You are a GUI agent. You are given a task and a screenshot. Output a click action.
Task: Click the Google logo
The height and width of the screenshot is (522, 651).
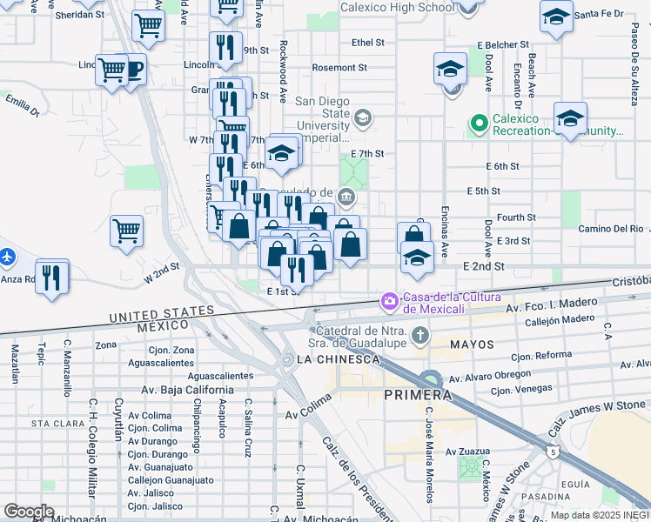click(x=29, y=512)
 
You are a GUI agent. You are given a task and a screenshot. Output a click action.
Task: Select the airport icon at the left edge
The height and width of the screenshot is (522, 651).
click(x=6, y=257)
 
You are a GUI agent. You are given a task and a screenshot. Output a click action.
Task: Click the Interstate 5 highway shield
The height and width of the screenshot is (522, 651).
click(x=554, y=452)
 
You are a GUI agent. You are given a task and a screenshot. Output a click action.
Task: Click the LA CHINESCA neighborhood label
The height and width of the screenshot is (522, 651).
click(x=338, y=359)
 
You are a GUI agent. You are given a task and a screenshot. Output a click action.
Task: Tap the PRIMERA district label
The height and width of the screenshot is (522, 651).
click(x=418, y=395)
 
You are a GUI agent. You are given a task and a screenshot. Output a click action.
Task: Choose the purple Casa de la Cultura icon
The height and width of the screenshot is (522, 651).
click(x=389, y=302)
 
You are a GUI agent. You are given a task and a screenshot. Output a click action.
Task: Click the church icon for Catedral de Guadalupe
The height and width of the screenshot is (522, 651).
click(x=420, y=335)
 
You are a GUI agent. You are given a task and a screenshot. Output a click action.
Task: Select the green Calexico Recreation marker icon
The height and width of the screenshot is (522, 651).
click(x=479, y=124)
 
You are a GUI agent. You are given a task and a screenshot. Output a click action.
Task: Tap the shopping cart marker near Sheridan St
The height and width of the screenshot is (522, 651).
click(x=149, y=26)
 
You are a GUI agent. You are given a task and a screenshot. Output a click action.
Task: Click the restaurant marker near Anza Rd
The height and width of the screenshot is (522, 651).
click(x=53, y=278)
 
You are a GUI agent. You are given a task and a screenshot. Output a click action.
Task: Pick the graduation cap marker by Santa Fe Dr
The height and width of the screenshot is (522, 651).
click(x=555, y=17)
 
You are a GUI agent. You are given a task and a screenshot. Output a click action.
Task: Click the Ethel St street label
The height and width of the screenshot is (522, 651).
click(x=367, y=42)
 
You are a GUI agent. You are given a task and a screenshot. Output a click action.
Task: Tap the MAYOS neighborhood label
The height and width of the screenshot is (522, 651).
click(x=471, y=345)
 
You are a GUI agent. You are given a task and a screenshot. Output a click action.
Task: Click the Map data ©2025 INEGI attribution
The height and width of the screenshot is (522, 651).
click(x=600, y=515)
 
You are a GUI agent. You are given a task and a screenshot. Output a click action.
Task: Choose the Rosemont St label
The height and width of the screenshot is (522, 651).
click(x=340, y=67)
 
